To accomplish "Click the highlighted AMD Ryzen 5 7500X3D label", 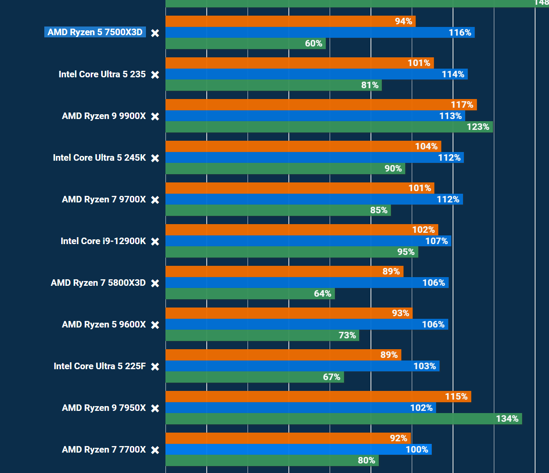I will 95,32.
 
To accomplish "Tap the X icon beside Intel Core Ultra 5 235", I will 155,75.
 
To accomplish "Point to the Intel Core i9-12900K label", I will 103,241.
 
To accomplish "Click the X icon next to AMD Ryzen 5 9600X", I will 155,325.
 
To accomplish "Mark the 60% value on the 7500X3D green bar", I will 314,43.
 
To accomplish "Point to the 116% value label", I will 460,33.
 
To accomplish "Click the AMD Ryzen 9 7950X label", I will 104,408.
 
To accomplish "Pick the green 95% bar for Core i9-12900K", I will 291,252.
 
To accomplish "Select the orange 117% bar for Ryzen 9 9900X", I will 321,105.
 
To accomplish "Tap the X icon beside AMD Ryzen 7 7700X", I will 155,450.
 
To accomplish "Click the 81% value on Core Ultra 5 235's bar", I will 370,85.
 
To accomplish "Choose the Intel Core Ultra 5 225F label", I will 100,366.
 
